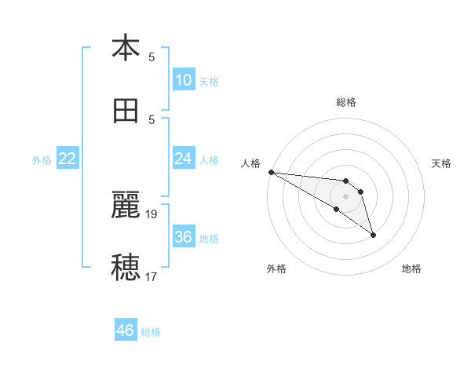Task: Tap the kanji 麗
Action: click(x=126, y=204)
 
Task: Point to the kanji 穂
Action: click(x=126, y=267)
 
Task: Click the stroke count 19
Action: click(x=152, y=213)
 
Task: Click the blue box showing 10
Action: click(x=183, y=79)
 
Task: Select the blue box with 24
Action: click(x=183, y=159)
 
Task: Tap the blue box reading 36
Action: click(x=183, y=237)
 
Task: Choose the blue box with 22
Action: click(x=68, y=159)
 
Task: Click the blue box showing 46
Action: click(x=126, y=331)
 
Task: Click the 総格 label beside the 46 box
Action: click(x=151, y=332)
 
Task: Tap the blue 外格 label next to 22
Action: click(x=42, y=160)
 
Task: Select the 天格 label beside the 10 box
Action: click(x=209, y=82)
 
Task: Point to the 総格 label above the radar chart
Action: click(x=346, y=102)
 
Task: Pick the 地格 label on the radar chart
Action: click(x=411, y=269)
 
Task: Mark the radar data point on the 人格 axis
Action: click(x=271, y=172)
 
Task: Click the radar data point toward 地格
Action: click(x=373, y=235)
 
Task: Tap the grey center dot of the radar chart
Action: click(x=346, y=195)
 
